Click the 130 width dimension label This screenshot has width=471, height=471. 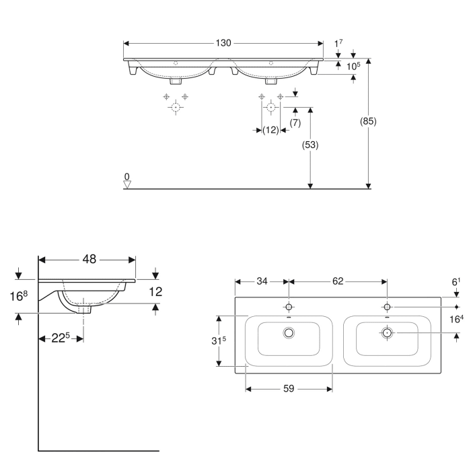coord(223,43)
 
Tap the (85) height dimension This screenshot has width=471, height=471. coord(369,122)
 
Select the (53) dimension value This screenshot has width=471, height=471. coord(310,145)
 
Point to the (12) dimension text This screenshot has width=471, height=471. coord(270,130)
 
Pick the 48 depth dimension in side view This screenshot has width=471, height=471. coord(89,258)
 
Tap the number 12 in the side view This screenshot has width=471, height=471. coord(156,291)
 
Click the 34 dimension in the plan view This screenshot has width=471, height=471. coord(261,281)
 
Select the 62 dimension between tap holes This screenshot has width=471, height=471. coord(338,281)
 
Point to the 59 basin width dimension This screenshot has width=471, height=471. coord(289,388)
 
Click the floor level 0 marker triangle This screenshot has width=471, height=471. coord(127,183)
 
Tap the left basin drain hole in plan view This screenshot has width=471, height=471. coord(290,332)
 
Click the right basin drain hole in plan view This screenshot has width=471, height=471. coord(387,332)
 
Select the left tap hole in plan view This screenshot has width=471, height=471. coord(289,307)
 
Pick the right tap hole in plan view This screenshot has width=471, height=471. coord(387,307)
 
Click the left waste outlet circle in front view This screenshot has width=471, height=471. coord(176,107)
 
